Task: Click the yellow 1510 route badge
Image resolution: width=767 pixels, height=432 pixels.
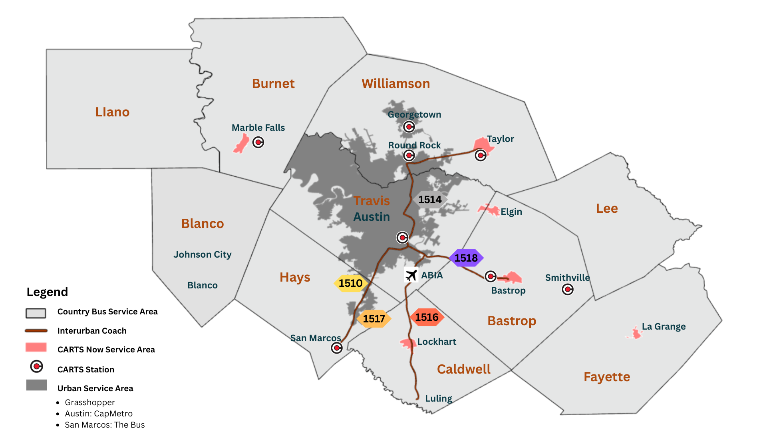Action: [x=350, y=283]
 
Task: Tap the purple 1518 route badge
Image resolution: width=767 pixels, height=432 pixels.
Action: [x=466, y=258]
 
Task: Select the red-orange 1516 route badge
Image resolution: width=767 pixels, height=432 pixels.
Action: [x=427, y=317]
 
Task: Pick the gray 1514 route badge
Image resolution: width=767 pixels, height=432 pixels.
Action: [x=430, y=200]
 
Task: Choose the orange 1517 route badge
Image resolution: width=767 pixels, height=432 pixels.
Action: [x=374, y=319]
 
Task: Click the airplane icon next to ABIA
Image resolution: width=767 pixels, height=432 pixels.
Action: [x=411, y=275]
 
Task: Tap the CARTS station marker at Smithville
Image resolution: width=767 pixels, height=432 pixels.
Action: [x=568, y=289]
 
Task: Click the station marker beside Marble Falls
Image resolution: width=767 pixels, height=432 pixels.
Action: [x=258, y=142]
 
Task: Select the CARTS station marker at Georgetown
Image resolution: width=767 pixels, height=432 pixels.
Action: [x=409, y=127]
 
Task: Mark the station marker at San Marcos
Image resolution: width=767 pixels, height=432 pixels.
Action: [x=337, y=348]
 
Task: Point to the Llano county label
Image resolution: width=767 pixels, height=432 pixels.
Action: [x=112, y=112]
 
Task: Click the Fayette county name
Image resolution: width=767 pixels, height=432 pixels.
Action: [x=607, y=377]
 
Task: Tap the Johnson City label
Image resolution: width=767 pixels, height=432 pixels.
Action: [x=203, y=254]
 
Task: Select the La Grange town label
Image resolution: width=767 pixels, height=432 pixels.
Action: [x=664, y=326]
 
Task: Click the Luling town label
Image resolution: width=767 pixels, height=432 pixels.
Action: [x=438, y=398]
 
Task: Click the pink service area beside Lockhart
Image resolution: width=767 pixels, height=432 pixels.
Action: [x=407, y=343]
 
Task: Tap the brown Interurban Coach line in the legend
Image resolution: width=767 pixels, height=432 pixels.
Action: [x=36, y=331]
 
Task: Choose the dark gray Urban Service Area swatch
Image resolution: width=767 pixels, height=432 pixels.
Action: [x=37, y=385]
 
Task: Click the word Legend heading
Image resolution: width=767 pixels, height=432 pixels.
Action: [x=47, y=292]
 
